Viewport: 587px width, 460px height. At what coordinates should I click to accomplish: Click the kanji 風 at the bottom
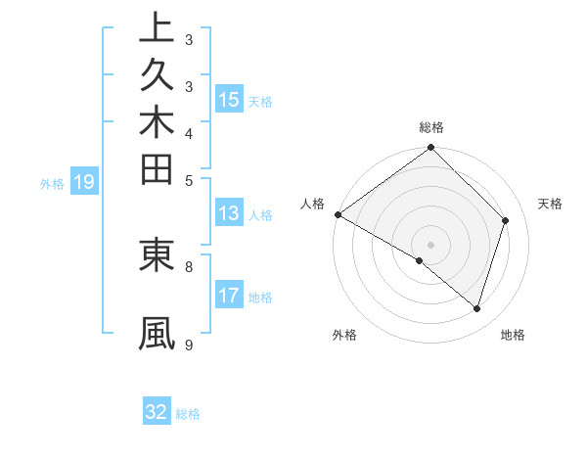(x=157, y=333)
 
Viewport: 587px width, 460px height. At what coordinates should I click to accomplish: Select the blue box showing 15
(x=229, y=99)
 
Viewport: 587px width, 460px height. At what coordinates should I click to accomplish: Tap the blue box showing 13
(x=229, y=214)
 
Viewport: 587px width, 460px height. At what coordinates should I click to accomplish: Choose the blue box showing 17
(x=229, y=296)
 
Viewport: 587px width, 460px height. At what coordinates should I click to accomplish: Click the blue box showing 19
(x=84, y=181)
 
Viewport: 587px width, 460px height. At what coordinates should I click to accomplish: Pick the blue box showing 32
(x=157, y=412)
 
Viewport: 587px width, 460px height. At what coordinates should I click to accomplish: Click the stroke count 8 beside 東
(x=189, y=264)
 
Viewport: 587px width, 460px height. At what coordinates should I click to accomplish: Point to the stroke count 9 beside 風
(x=189, y=344)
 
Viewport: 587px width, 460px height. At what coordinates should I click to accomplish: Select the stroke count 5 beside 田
(x=189, y=179)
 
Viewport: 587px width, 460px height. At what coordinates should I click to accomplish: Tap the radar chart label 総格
(x=431, y=127)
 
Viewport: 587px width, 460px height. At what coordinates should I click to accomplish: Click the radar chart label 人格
(x=313, y=204)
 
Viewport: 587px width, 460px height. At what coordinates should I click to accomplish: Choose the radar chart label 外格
(x=344, y=335)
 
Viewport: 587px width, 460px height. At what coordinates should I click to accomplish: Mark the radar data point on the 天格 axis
(x=506, y=220)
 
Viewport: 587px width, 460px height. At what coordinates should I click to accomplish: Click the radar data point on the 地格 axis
(x=477, y=308)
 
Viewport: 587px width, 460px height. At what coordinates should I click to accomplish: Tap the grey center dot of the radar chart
(x=431, y=244)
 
